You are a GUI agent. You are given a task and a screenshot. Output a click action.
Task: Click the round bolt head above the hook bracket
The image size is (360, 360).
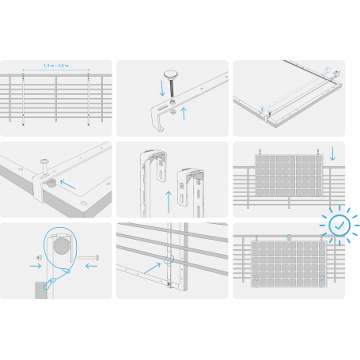(171, 74)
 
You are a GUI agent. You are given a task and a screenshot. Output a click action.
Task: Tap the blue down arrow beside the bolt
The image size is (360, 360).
(162, 88)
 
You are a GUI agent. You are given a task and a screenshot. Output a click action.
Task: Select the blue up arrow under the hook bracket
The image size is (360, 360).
(184, 113)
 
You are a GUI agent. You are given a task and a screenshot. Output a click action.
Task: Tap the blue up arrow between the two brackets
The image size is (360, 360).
(169, 198)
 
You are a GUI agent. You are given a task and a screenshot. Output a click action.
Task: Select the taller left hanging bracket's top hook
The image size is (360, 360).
(154, 153)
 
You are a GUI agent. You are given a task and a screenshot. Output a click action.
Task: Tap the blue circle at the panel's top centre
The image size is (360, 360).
(290, 237)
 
